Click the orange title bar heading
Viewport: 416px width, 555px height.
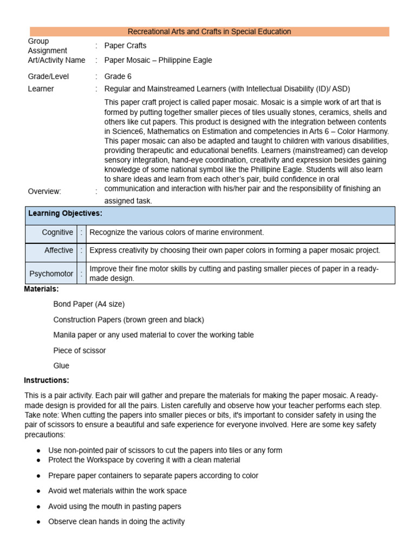209,31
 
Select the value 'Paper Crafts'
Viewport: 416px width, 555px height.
125,46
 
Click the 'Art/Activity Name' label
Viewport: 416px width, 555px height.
56,60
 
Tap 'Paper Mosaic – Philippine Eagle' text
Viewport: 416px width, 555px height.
158,60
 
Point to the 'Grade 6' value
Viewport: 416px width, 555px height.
118,76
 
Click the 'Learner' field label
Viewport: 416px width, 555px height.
41,89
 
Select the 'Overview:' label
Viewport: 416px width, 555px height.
44,191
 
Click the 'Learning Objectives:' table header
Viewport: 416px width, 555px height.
65,214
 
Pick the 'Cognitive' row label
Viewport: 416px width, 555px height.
57,233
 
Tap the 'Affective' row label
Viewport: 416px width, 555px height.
58,250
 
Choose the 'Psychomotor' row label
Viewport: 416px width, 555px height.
52,274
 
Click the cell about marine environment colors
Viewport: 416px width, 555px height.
177,233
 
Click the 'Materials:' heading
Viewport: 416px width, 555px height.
41,289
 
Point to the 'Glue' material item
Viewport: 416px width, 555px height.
61,366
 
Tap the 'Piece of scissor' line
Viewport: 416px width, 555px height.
80,351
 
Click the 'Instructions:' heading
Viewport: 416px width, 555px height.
47,380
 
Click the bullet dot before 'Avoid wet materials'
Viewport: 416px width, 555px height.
38,491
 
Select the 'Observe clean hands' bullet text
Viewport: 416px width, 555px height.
116,522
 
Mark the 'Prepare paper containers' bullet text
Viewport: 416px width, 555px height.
153,475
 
